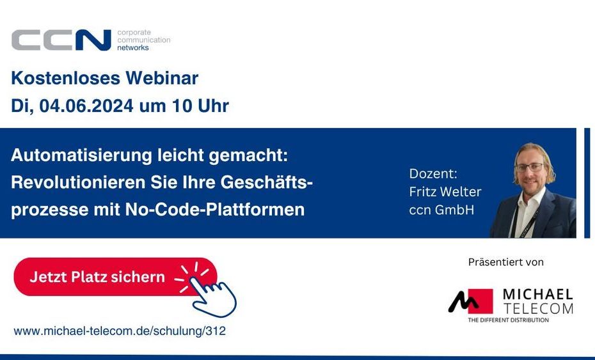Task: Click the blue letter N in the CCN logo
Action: (x=93, y=40)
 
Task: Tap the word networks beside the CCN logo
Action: (x=133, y=48)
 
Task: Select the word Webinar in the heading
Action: (x=162, y=78)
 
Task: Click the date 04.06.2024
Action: (x=86, y=106)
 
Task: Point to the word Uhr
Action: (x=213, y=106)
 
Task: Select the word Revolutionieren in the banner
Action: (x=78, y=182)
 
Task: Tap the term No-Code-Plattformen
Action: (x=215, y=209)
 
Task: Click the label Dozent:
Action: (x=433, y=174)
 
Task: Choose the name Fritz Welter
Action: (x=445, y=192)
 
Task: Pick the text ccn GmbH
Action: (x=441, y=210)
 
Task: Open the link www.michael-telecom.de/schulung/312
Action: (x=120, y=331)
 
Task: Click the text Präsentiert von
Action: (x=506, y=262)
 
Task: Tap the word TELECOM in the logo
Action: (x=537, y=308)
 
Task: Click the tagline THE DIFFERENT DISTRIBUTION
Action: (x=508, y=320)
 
